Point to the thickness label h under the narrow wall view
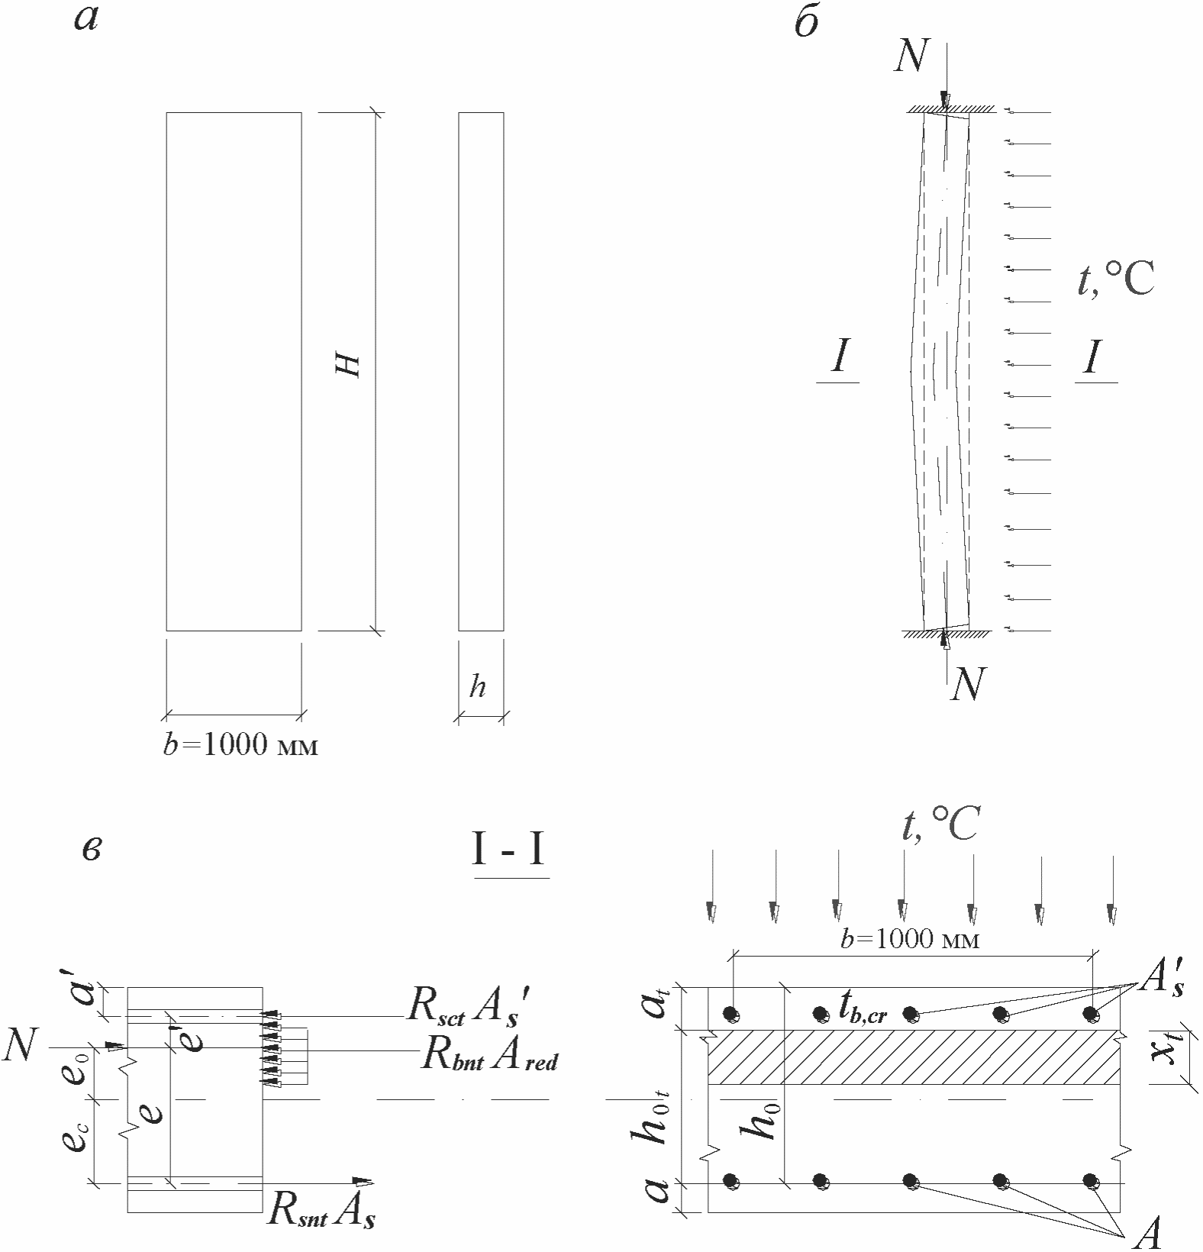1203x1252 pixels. click(478, 687)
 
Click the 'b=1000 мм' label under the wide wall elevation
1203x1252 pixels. click(240, 745)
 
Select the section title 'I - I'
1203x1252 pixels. click(508, 850)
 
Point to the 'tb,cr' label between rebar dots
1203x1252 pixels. click(863, 1009)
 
